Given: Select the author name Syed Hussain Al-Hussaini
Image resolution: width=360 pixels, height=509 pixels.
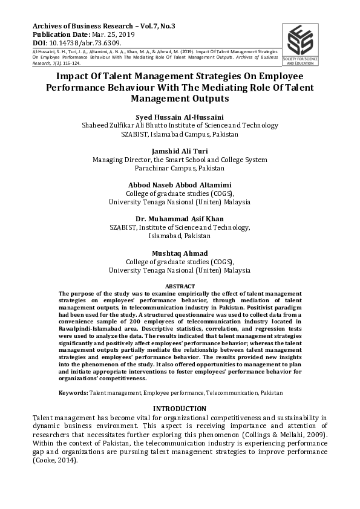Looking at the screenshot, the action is coord(180,116).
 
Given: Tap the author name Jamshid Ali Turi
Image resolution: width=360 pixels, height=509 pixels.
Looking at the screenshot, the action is coord(180,151).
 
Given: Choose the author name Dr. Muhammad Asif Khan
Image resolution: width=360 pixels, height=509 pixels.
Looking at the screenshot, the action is coord(180,218).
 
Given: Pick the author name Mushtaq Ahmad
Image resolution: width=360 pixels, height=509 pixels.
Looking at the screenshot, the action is coord(180,253).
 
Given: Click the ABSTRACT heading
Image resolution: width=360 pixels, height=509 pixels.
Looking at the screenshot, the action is coord(180,285).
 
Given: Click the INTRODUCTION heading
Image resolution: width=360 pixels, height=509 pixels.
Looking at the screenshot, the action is coord(180,409).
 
